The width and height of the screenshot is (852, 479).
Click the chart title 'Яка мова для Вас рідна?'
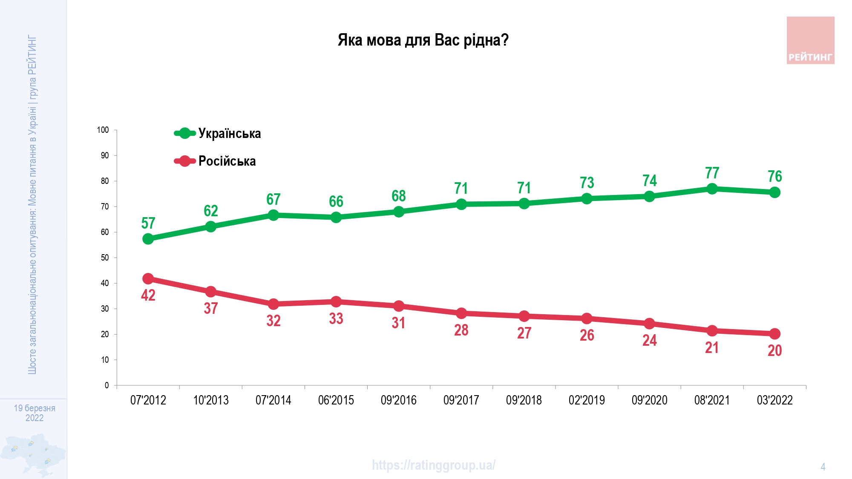(423, 40)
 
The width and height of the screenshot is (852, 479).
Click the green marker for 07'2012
(148, 239)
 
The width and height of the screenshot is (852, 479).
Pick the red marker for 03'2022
(774, 334)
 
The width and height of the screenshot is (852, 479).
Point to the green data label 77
(712, 173)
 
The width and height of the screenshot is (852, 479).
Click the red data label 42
(148, 295)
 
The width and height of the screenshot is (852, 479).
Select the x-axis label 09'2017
(461, 400)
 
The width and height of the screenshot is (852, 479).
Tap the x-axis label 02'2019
(587, 400)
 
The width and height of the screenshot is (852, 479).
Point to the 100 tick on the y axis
(103, 130)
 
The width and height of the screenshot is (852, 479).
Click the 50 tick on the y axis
(105, 258)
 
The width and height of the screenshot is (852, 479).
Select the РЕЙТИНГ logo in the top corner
(810, 40)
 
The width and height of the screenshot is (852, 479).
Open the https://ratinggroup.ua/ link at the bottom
(433, 465)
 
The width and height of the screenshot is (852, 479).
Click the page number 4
(823, 467)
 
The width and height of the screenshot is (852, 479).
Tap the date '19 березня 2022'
(35, 413)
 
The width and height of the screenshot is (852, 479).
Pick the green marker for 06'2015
(336, 217)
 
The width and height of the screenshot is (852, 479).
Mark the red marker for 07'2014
(273, 304)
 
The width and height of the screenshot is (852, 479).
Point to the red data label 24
(649, 340)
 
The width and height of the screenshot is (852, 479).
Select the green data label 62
(210, 211)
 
